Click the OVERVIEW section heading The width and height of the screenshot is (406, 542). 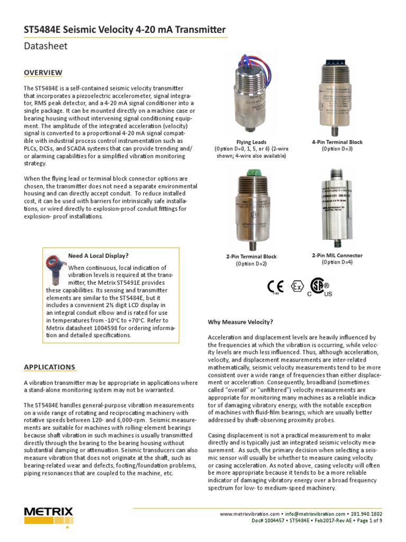pos(43,73)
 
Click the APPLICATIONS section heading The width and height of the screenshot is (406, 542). pos(50,367)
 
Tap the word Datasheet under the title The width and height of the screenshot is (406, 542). pos(46,46)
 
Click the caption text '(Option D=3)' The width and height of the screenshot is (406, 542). pos(337,149)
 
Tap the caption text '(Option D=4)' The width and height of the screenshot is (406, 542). pos(337,263)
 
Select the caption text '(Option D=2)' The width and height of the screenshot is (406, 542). pos(251,264)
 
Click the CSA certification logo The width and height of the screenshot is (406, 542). pos(319,286)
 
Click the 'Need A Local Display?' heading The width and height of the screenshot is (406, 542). pos(98,256)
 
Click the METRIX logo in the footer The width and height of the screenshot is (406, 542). pos(48,514)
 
